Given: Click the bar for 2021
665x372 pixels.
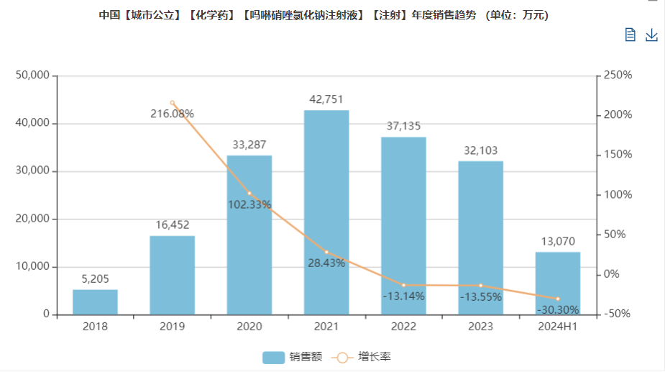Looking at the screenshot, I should (326, 212).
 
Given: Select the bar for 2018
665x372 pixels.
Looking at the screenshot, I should (95, 302).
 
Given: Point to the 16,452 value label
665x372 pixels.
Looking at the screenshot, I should (172, 226).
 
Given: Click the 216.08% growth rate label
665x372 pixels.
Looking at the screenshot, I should (172, 114).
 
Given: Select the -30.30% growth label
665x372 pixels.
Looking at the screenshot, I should (557, 310).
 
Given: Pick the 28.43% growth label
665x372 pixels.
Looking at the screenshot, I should (326, 263).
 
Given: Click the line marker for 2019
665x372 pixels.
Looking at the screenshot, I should (172, 103).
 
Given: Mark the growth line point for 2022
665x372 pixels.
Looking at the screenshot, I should (403, 286).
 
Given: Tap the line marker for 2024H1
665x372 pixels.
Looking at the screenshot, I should (557, 299).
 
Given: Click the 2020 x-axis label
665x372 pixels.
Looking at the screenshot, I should (249, 327).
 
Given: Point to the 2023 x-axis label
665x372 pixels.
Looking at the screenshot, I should (480, 327).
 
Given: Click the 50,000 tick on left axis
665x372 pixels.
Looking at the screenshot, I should (32, 76).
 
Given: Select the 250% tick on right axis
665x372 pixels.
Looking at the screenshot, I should (618, 76).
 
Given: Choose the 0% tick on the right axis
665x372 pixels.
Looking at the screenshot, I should (612, 274).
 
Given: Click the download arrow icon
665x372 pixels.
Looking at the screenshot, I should (651, 35).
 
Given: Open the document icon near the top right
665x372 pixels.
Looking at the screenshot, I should (630, 35).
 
